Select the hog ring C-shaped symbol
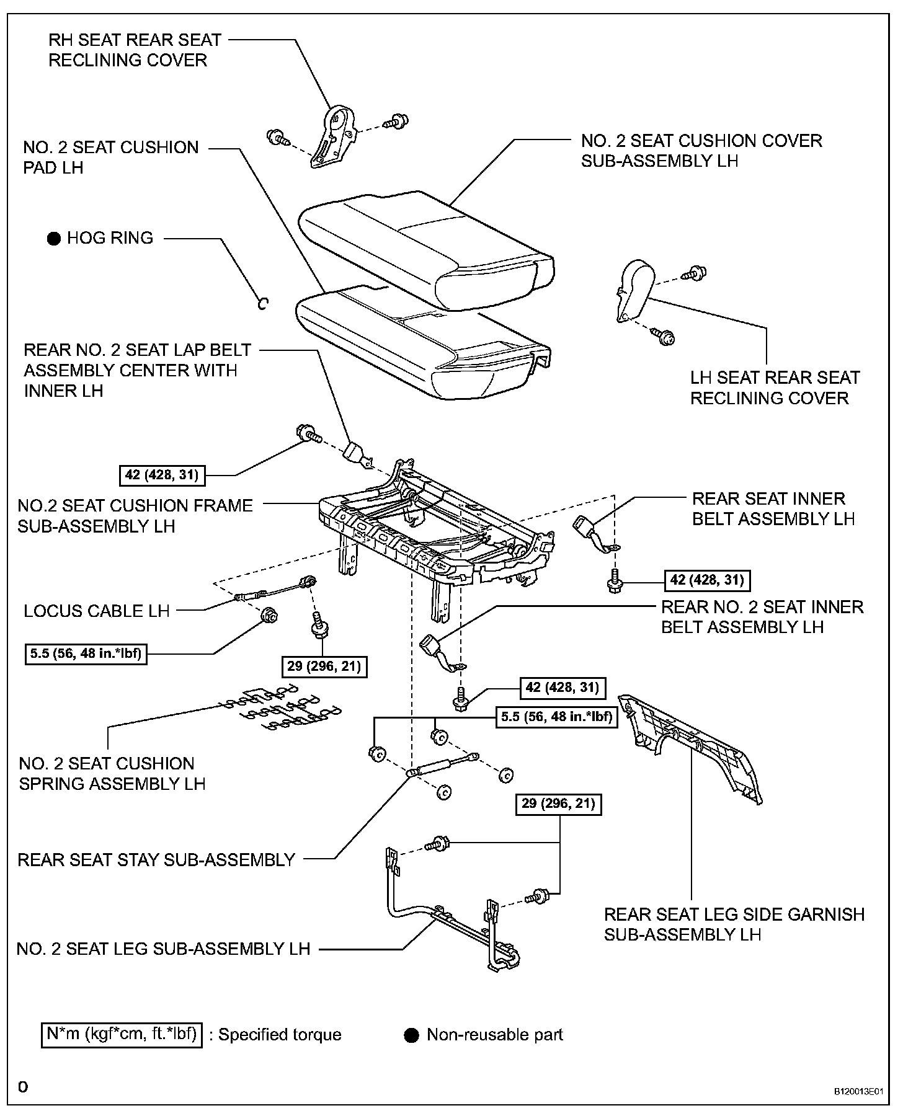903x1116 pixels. tap(263, 303)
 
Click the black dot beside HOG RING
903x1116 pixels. tap(54, 238)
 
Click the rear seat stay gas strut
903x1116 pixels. tap(442, 764)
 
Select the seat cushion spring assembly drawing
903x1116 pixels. tap(279, 707)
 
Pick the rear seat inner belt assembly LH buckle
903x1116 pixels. tap(588, 529)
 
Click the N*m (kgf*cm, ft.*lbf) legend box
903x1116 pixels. tap(122, 1035)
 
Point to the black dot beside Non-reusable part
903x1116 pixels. tap(411, 1035)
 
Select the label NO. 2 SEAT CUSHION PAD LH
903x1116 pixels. tap(111, 157)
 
